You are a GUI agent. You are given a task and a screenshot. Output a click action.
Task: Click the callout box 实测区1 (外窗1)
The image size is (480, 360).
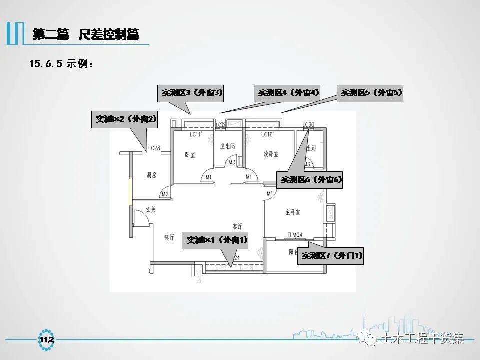click(217, 240)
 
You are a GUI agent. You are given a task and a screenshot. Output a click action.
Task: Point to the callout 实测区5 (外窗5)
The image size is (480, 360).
click(371, 92)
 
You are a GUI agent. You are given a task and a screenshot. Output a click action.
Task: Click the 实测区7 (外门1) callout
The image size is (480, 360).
click(330, 256)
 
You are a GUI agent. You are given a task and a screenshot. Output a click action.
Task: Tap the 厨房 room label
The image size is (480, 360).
click(152, 175)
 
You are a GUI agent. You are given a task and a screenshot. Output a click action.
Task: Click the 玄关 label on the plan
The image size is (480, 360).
click(151, 210)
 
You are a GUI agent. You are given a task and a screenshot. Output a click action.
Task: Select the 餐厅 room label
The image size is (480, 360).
click(169, 238)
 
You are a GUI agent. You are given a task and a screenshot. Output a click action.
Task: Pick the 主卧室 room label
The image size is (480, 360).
click(292, 212)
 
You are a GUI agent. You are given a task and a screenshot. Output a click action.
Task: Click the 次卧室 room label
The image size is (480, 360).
click(271, 155)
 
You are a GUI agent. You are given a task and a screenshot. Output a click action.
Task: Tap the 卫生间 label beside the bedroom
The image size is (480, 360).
click(227, 147)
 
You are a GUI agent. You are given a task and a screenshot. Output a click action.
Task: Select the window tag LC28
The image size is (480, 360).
click(153, 148)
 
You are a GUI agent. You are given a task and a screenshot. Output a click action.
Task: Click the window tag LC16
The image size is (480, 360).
click(267, 135)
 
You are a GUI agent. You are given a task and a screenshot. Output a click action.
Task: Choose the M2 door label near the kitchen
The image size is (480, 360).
click(165, 194)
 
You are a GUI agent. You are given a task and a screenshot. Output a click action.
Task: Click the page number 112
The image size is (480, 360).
click(47, 340)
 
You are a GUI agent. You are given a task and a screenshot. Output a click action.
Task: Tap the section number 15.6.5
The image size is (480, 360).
click(45, 64)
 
